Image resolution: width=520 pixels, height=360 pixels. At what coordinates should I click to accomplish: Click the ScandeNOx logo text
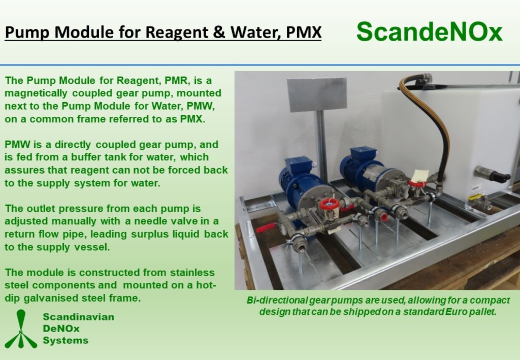430,32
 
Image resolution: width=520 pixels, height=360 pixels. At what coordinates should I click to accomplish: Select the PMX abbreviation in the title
304,32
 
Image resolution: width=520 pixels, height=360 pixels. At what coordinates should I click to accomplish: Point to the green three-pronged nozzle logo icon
21,329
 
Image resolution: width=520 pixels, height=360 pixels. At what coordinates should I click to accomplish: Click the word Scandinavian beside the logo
79,317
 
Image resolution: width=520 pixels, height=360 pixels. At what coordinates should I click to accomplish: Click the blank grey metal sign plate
317,94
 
